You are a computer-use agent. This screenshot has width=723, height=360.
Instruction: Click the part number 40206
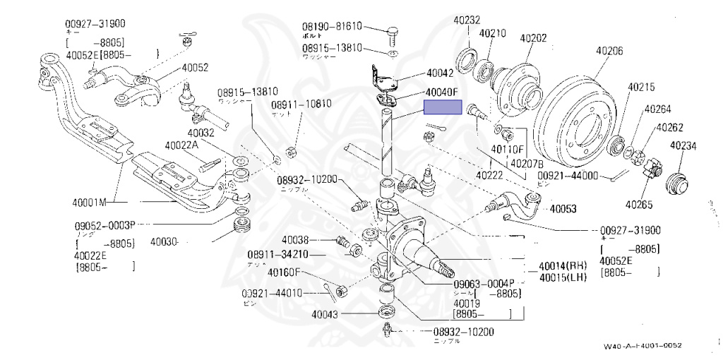coord(609,51)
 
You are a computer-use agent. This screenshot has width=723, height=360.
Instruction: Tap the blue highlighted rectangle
coord(442,107)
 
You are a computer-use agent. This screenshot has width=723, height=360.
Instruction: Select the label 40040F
coord(442,92)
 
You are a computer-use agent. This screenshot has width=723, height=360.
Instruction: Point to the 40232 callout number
coord(467,20)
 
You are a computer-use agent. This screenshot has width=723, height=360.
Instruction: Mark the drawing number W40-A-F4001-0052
coord(643,346)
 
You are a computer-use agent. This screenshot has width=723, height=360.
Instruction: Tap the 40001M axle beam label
coord(88,203)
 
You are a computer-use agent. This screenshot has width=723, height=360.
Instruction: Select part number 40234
coord(683,146)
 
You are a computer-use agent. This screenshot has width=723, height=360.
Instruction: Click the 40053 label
coord(563,209)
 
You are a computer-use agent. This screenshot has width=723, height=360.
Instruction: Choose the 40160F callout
coord(285,272)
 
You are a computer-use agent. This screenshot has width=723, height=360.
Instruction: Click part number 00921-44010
coord(272,293)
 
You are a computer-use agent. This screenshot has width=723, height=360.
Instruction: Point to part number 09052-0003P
coord(104,225)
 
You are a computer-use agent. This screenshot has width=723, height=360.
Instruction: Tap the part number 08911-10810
coord(301,104)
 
